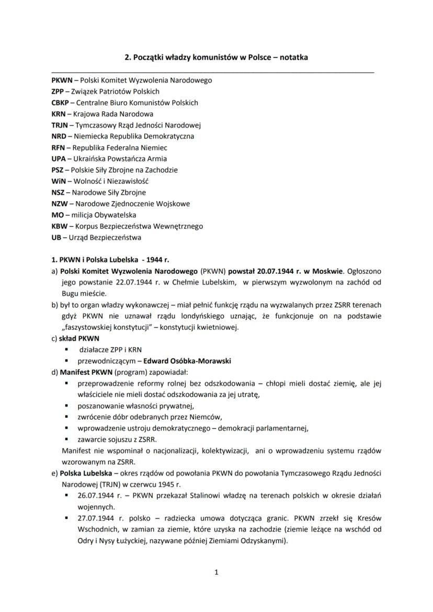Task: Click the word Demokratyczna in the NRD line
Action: point(168,136)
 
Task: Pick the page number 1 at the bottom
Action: point(216,572)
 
